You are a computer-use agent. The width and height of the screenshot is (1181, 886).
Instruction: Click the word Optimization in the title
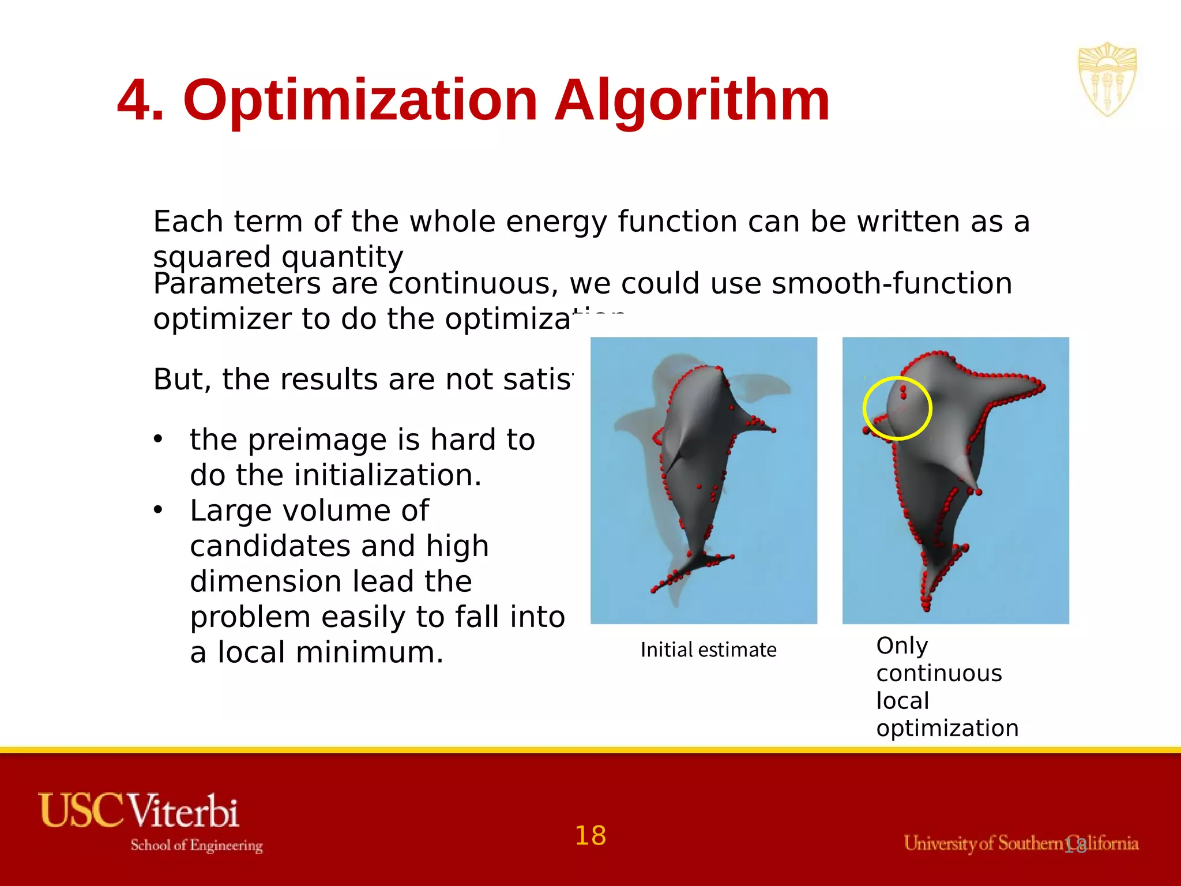(360, 101)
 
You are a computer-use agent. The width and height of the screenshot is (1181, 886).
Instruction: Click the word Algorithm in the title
(692, 101)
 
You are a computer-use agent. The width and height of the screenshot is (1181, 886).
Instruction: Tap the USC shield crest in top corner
(1107, 79)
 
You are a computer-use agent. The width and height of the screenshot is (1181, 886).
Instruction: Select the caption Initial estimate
(708, 650)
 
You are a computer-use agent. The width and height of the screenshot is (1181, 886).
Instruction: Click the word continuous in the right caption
(939, 673)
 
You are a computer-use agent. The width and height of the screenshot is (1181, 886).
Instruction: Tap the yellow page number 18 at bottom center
(590, 836)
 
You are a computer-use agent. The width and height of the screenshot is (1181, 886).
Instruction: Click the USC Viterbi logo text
(138, 810)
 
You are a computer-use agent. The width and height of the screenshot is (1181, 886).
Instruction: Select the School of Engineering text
(196, 846)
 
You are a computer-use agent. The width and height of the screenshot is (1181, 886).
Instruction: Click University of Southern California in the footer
(1021, 843)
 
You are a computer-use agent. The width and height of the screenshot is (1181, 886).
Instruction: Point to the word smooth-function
(892, 284)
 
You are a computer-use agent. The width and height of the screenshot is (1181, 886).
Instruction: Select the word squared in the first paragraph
(212, 257)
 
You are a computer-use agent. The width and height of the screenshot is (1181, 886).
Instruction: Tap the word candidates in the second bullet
(271, 546)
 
